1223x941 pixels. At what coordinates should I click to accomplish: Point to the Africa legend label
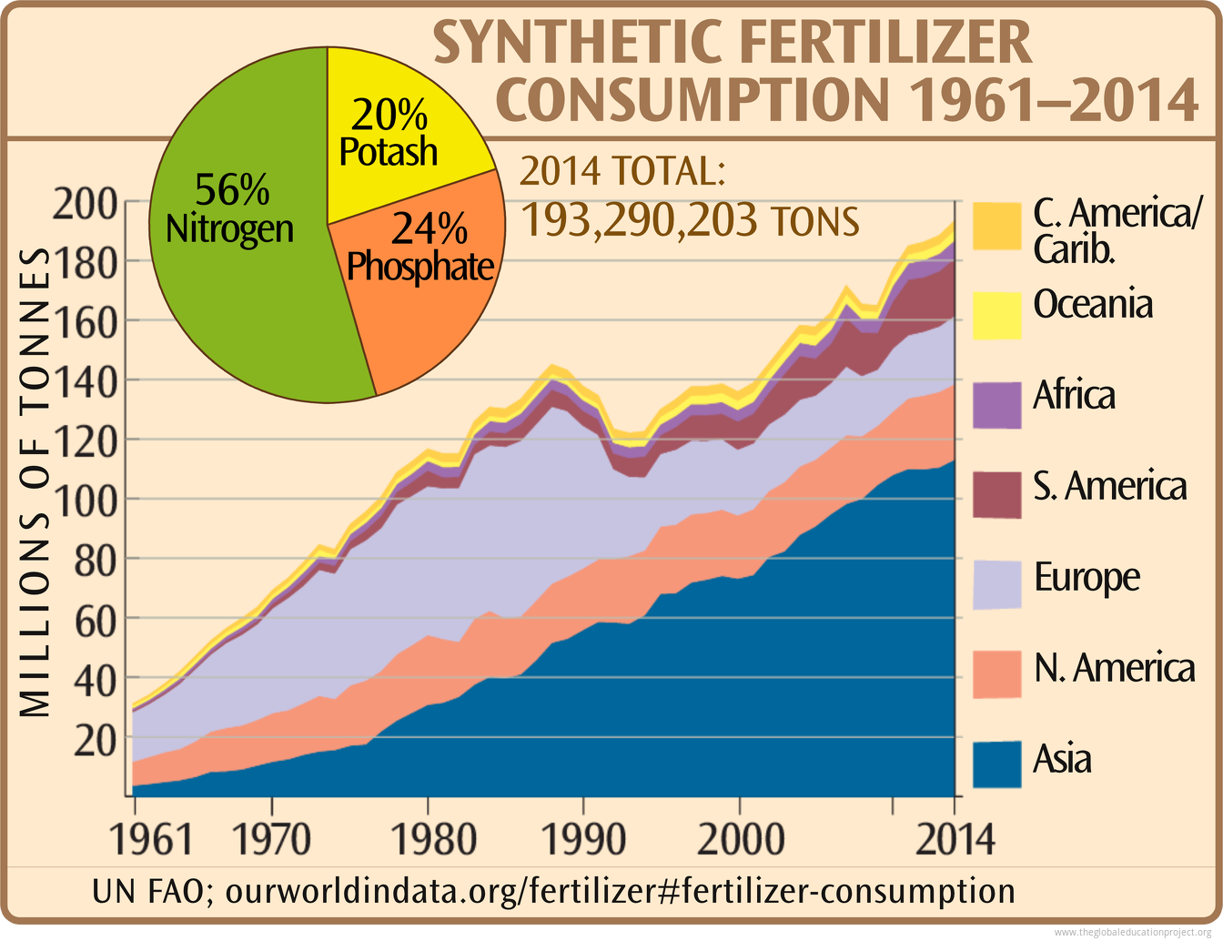1074,396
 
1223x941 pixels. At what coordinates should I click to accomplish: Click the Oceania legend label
1093,304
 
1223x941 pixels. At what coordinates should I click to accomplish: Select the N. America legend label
1114,668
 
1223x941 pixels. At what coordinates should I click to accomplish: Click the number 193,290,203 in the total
637,221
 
